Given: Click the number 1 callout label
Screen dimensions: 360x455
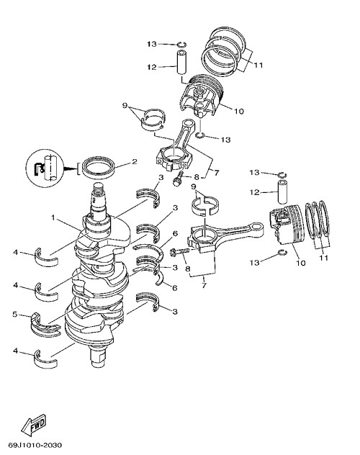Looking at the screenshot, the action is pyautogui.click(x=53, y=217).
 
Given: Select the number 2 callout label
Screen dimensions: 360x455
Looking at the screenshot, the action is pyautogui.click(x=135, y=162).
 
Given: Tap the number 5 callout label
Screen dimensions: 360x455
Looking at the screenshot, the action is pyautogui.click(x=15, y=315).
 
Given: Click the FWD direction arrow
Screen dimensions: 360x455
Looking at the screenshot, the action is pyautogui.click(x=34, y=425).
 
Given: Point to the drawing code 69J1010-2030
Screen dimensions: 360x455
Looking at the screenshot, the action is pyautogui.click(x=35, y=445).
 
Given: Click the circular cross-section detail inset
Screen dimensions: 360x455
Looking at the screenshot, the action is pyautogui.click(x=45, y=168).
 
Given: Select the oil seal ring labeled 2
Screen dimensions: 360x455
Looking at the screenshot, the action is pyautogui.click(x=98, y=168).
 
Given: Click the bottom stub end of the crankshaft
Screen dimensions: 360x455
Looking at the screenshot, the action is pyautogui.click(x=99, y=359).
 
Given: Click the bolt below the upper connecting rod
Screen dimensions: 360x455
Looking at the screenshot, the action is pyautogui.click(x=179, y=178).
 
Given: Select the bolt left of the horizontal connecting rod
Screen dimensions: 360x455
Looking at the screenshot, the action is pyautogui.click(x=180, y=251).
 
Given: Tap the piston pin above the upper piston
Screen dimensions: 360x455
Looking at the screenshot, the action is pyautogui.click(x=181, y=63).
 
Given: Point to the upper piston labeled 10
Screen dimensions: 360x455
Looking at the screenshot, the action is pyautogui.click(x=201, y=94).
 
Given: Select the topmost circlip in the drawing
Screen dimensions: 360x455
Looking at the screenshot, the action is pyautogui.click(x=182, y=44).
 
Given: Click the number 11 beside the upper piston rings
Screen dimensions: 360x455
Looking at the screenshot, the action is pyautogui.click(x=258, y=65).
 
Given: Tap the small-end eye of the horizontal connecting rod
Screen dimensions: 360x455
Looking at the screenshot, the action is pyautogui.click(x=257, y=226).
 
